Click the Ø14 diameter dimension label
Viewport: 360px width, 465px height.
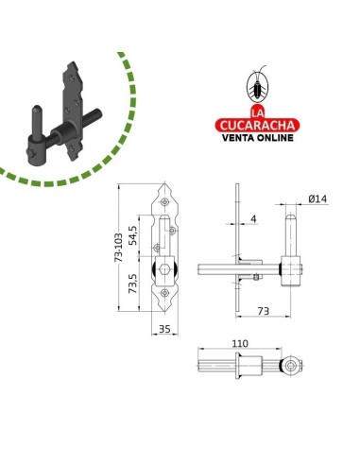[x=317, y=199]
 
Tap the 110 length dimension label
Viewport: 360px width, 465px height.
[x=240, y=343]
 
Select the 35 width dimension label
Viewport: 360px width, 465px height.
[x=164, y=329]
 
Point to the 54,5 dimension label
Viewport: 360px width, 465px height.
[x=133, y=235]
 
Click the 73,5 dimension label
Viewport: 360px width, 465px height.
[x=133, y=284]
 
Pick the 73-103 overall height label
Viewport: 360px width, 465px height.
[x=118, y=248]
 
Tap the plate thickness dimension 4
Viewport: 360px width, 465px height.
[x=254, y=218]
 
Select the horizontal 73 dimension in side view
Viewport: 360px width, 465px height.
[x=264, y=311]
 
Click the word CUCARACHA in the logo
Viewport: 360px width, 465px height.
[x=257, y=126]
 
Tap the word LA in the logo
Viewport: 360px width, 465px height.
[x=257, y=113]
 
